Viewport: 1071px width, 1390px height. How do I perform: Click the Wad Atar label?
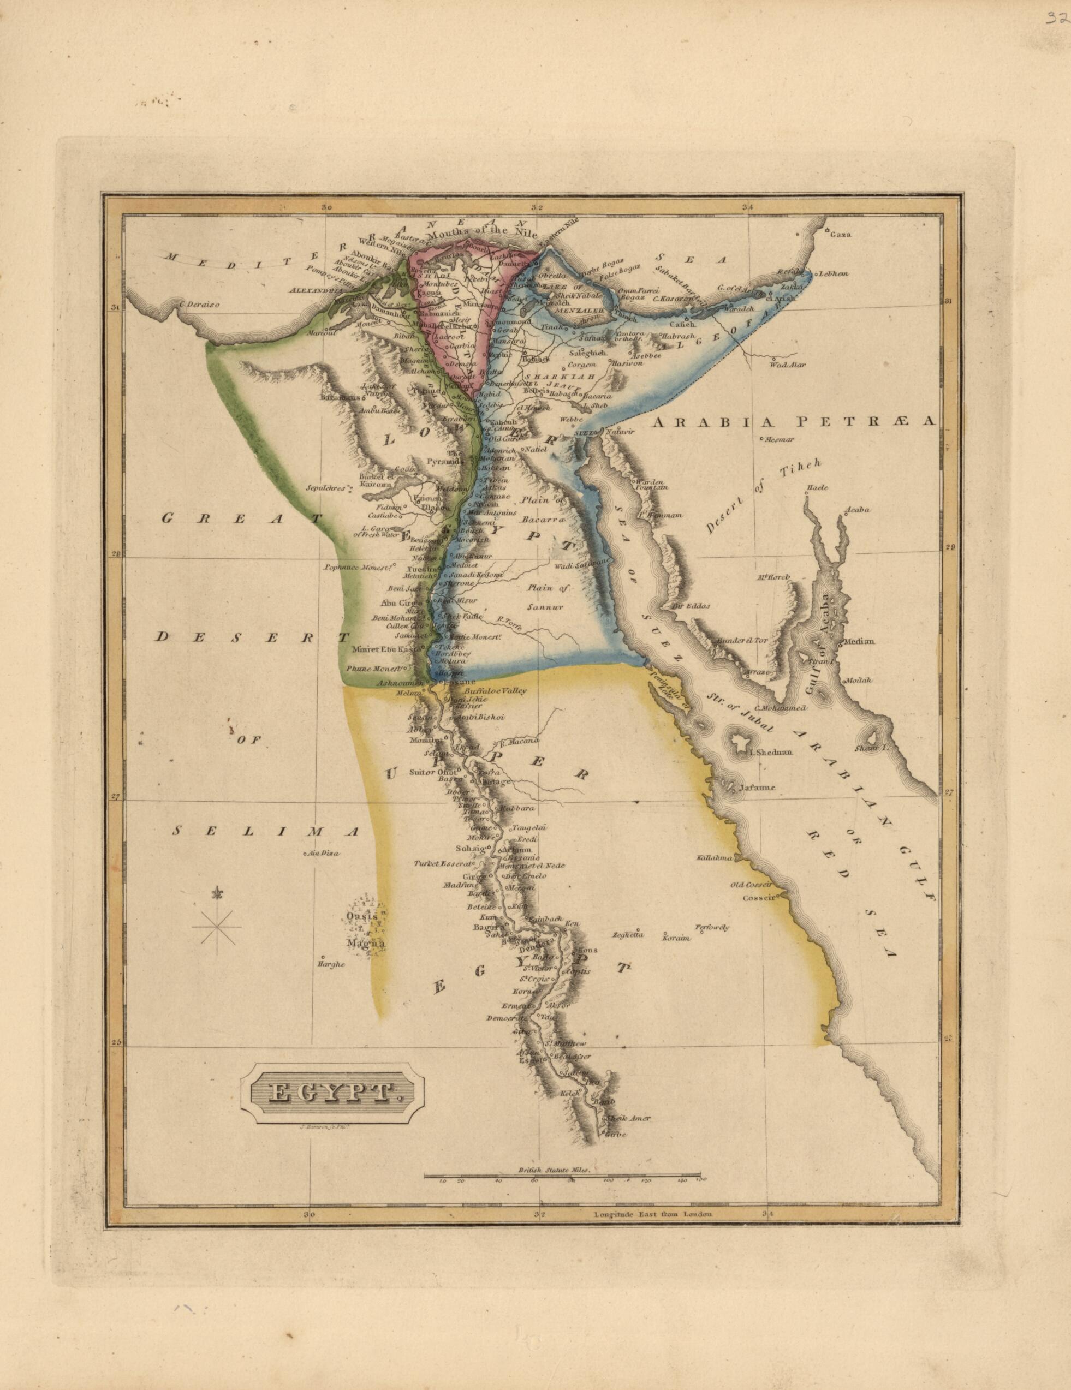click(x=783, y=365)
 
